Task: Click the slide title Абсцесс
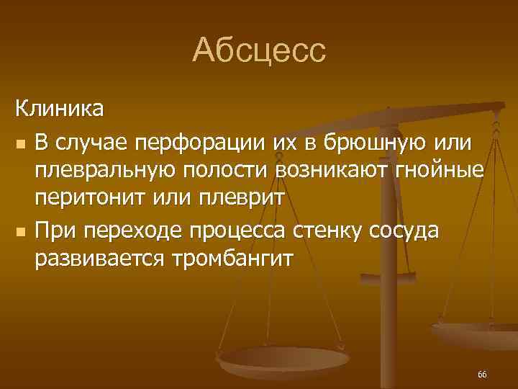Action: click(259, 51)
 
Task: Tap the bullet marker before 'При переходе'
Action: click(20, 233)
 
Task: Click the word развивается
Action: click(101, 260)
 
